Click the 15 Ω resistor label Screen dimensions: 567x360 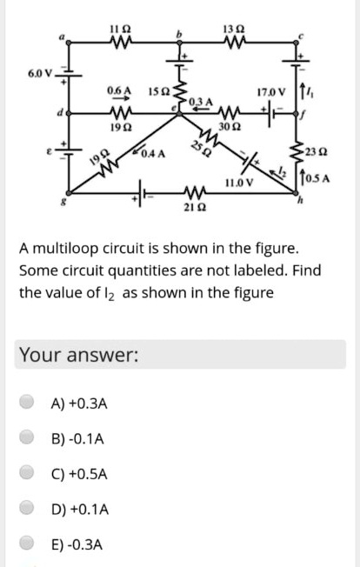[158, 90]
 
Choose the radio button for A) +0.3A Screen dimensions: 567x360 [29, 403]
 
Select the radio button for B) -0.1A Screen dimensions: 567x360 [29, 438]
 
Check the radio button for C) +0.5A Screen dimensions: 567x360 [29, 474]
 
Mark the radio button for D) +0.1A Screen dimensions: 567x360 [29, 510]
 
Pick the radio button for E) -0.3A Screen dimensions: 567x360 [29, 545]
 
